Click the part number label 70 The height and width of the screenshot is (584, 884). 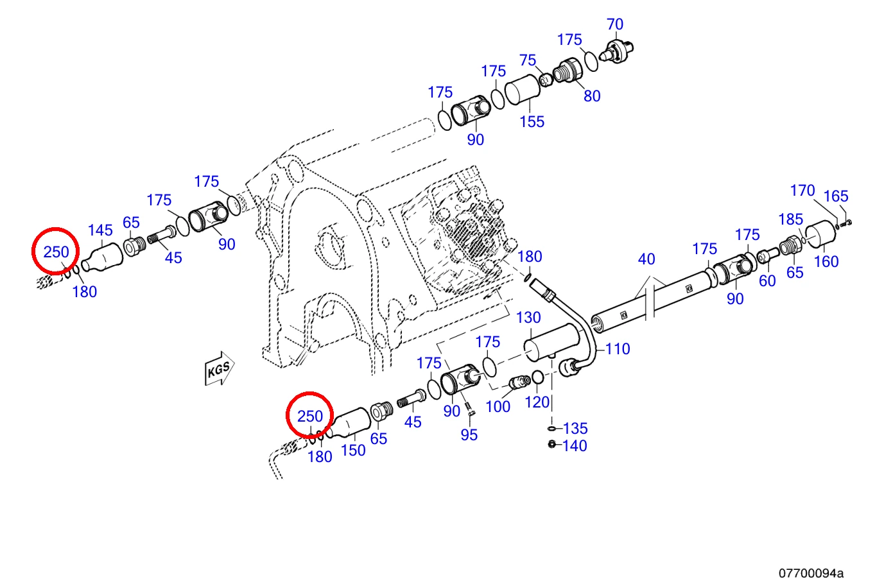[x=615, y=24]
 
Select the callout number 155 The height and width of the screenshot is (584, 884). [x=532, y=121]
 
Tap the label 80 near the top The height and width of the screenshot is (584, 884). [x=592, y=96]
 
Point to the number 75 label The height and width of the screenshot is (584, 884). [x=528, y=60]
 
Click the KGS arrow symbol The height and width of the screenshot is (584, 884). [x=220, y=368]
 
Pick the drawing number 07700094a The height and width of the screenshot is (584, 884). [x=811, y=572]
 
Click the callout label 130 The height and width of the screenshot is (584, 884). [x=528, y=317]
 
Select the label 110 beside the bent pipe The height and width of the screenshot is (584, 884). [x=618, y=349]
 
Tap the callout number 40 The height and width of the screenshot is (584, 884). [x=646, y=259]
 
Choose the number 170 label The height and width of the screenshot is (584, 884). [x=802, y=191]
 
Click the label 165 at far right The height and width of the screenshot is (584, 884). [x=836, y=196]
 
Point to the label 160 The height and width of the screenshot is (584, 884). [x=826, y=261]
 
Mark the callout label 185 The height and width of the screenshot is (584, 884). [x=790, y=219]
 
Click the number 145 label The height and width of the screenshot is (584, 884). [x=100, y=230]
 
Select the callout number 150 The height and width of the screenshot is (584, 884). [x=353, y=451]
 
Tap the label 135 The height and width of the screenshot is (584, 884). [x=575, y=428]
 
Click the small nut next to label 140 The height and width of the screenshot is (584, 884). [x=551, y=444]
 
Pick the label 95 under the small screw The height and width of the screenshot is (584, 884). [x=469, y=435]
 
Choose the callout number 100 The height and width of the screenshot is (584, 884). [x=498, y=406]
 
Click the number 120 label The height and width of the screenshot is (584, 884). [x=537, y=402]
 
